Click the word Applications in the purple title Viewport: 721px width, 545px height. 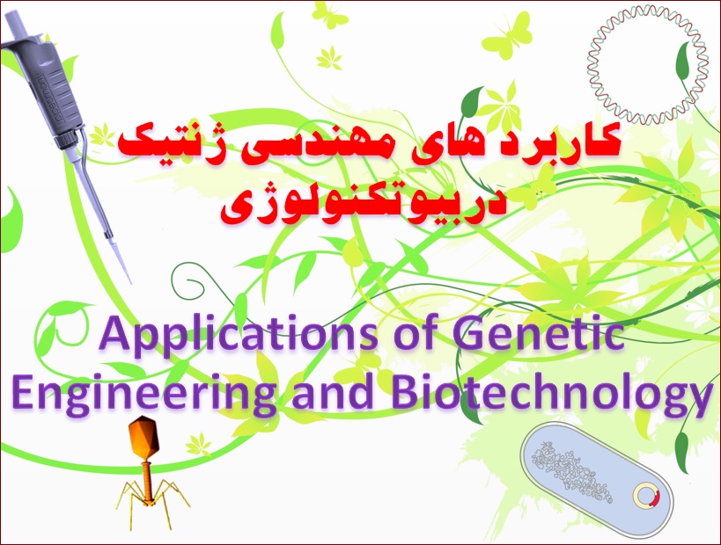[238, 334]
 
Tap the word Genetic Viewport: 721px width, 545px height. [539, 333]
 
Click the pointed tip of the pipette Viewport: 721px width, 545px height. [130, 283]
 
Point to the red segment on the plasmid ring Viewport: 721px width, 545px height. [657, 497]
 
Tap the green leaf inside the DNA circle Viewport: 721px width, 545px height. [684, 61]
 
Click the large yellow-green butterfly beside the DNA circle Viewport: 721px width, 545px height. [508, 35]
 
